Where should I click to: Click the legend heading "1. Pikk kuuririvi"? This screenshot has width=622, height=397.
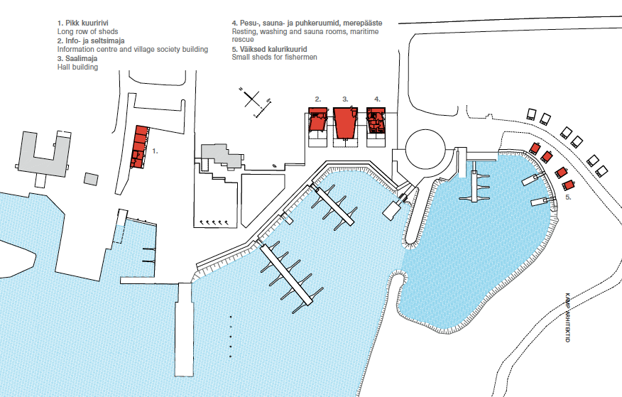pyautogui.click(x=83, y=23)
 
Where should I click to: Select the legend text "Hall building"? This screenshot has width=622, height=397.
pyautogui.click(x=77, y=67)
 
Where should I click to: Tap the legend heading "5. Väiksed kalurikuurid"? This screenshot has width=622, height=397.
pyautogui.click(x=269, y=49)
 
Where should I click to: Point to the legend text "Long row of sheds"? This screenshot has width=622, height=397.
pyautogui.click(x=87, y=32)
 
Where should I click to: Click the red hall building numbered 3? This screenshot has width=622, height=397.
pyautogui.click(x=345, y=123)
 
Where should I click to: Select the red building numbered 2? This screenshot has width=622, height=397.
pyautogui.click(x=317, y=118)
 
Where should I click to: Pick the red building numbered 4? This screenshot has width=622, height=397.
pyautogui.click(x=376, y=119)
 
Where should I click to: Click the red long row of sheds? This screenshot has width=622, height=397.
pyautogui.click(x=140, y=147)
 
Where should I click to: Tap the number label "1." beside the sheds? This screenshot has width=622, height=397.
pyautogui.click(x=155, y=151)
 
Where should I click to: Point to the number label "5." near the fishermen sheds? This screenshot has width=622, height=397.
pyautogui.click(x=568, y=197)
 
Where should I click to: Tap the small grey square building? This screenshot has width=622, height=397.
pyautogui.click(x=91, y=179)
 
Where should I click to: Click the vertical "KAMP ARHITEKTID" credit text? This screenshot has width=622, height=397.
pyautogui.click(x=567, y=317)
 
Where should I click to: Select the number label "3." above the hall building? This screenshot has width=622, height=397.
pyautogui.click(x=345, y=99)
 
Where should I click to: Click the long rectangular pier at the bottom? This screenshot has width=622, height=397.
pyautogui.click(x=185, y=330)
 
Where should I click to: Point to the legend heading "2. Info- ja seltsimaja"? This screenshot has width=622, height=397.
pyautogui.click(x=91, y=41)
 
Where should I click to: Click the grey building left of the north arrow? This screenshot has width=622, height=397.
pyautogui.click(x=221, y=156)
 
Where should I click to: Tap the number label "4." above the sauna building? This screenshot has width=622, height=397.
pyautogui.click(x=377, y=99)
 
